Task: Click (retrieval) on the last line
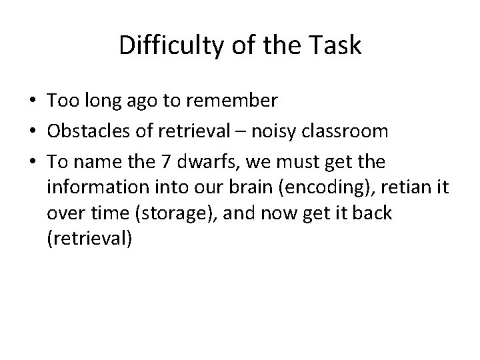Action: [x=90, y=239]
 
